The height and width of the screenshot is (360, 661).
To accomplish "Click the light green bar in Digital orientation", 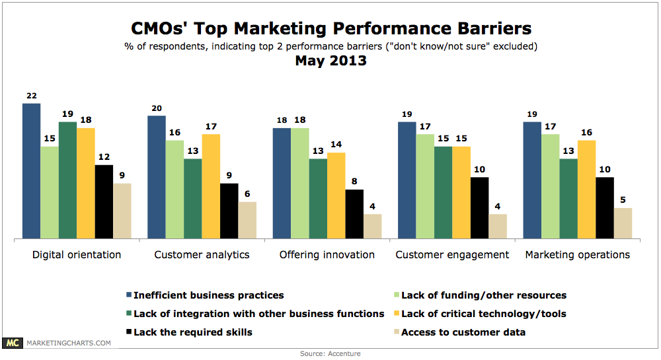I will click(50, 192).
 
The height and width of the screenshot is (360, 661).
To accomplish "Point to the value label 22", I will click(32, 96).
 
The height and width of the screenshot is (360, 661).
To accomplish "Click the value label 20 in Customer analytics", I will click(157, 108).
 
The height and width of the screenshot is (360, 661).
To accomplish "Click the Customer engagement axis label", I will click(452, 255).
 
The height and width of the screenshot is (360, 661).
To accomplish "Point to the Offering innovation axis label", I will click(327, 255).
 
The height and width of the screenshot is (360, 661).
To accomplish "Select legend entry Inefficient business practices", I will click(208, 295).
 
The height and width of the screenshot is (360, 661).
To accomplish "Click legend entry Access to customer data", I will click(463, 332).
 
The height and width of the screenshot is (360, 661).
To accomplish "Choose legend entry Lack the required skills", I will click(192, 332).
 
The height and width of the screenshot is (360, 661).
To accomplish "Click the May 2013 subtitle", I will click(330, 61).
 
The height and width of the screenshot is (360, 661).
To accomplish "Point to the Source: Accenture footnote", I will click(330, 354).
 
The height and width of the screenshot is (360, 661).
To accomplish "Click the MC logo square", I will click(12, 343).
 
